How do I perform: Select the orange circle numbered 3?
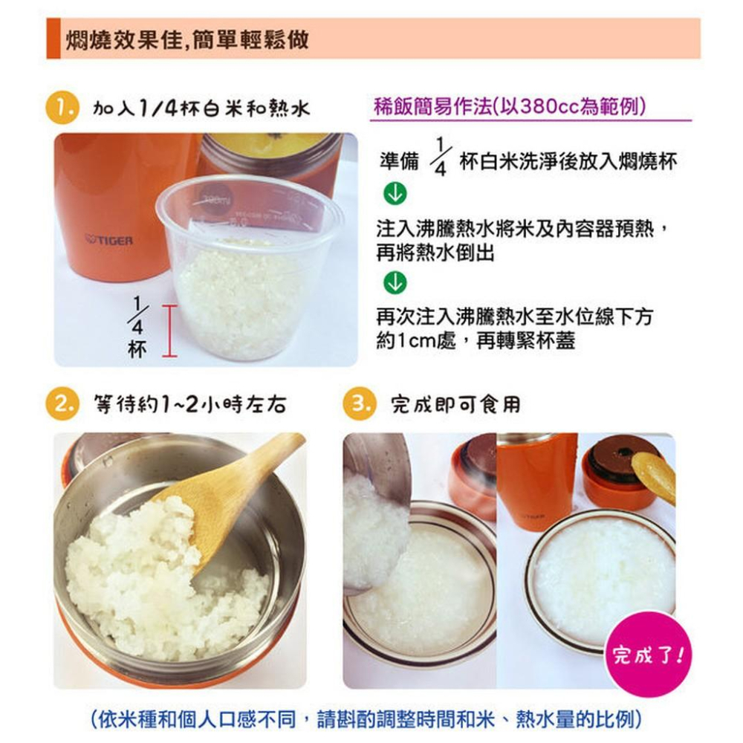[x=360, y=404]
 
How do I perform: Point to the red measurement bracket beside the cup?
[x=169, y=331]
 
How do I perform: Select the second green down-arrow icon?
[x=395, y=283]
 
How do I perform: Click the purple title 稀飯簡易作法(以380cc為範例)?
[x=509, y=106]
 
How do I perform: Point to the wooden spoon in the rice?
[x=230, y=490]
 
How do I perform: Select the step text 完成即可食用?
[x=455, y=405]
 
